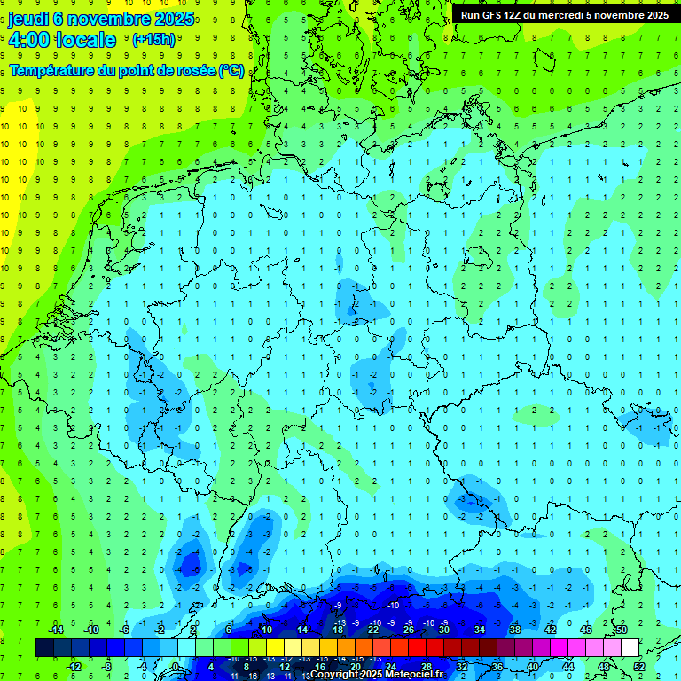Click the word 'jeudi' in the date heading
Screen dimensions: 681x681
tap(28, 19)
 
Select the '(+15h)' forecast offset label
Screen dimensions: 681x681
tap(153, 40)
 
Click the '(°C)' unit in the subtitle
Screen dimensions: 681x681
tap(231, 70)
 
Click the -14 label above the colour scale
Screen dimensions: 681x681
tap(55, 630)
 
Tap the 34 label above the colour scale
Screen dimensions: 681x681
tap(480, 630)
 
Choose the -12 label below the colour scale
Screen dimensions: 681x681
tap(74, 667)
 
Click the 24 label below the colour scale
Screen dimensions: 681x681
tap(391, 667)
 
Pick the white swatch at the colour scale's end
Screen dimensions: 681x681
tap(630, 648)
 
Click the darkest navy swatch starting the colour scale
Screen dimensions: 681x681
tap(44, 648)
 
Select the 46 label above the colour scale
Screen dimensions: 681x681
tap(586, 630)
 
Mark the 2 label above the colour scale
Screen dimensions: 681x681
tap(193, 630)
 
